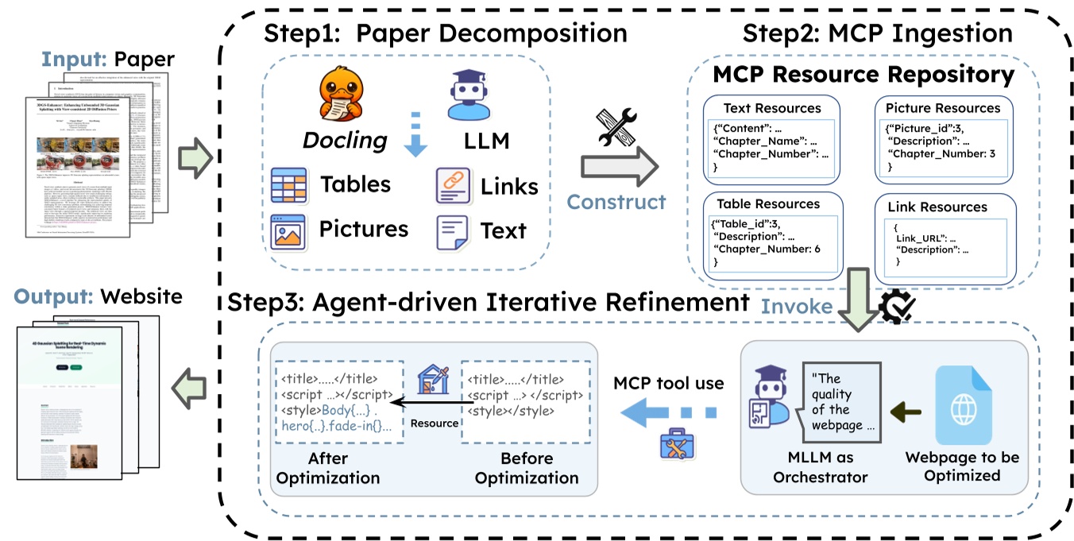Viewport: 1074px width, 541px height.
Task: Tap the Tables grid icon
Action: coord(291,185)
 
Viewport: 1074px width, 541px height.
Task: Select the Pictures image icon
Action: coord(290,230)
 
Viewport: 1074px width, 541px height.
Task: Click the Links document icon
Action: coord(453,186)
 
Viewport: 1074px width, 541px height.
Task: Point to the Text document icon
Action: coord(452,230)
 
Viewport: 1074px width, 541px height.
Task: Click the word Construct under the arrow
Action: coord(616,202)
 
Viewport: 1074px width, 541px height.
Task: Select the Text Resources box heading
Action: coord(771,108)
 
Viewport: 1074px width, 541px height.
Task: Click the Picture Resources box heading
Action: coord(942,108)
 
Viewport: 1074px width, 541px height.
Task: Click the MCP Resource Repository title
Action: coord(863,75)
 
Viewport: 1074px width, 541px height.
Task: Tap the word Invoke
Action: coord(797,306)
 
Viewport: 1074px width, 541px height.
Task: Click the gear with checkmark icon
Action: coord(898,303)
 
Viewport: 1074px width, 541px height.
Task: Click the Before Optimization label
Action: coord(527,469)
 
